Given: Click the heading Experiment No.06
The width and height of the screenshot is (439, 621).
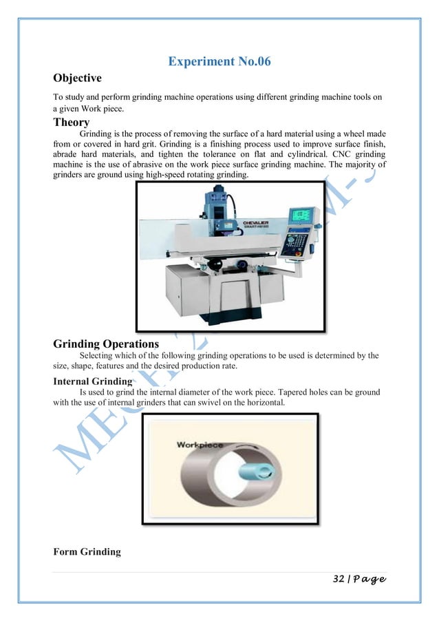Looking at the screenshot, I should (219, 62).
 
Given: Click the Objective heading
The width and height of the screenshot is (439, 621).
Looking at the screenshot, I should (77, 78).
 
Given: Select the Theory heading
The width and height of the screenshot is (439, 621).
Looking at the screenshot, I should (72, 123).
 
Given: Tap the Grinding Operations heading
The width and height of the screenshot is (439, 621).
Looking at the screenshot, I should (106, 343).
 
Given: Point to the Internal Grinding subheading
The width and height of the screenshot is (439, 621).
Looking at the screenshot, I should (92, 381).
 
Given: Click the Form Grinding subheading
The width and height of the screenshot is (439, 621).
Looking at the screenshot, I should (87, 551).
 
